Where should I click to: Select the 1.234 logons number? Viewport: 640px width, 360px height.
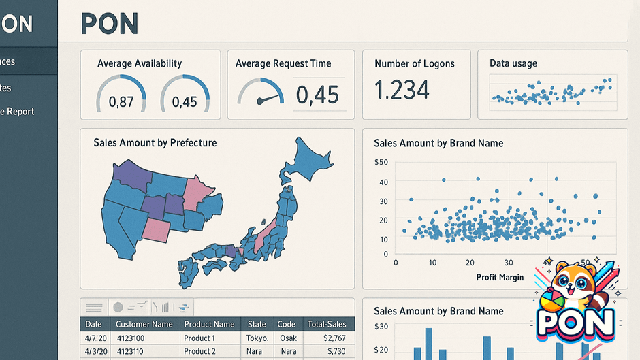[x=402, y=90]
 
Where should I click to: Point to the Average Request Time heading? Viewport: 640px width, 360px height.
[x=283, y=63]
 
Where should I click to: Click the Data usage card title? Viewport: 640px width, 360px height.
[x=513, y=63]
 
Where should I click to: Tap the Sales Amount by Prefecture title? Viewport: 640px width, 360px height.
[x=155, y=143]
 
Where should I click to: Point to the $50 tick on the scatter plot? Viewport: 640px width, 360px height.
[x=381, y=163]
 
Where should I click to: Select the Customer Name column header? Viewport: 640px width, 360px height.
[x=144, y=325]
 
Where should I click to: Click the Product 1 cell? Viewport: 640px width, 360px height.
[x=199, y=338]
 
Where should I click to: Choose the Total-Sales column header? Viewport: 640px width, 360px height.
[x=327, y=325]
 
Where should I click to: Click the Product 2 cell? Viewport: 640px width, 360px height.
[x=199, y=351]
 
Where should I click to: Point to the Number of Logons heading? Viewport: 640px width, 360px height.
[x=414, y=63]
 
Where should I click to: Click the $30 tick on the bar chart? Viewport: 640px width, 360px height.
[x=381, y=327]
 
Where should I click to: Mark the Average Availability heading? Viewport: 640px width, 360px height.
[x=139, y=63]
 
